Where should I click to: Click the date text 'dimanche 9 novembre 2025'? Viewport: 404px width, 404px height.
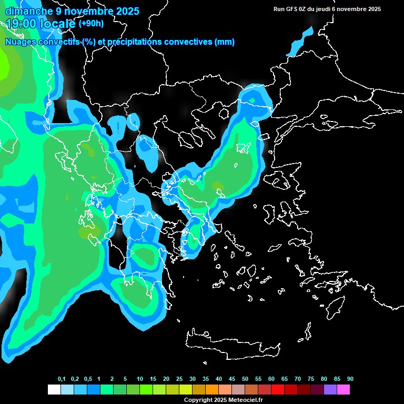coord(72,11)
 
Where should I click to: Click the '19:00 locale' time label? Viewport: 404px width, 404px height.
coord(41,24)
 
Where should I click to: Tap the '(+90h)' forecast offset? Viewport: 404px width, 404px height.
coord(91,24)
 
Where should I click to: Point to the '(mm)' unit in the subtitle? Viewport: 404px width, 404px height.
coord(225,42)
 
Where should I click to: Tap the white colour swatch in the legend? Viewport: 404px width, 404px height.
coord(54,389)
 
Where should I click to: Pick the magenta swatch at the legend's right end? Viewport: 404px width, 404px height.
coord(344,389)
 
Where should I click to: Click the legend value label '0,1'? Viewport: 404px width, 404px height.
coord(62,379)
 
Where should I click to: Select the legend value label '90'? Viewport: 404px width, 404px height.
coord(350,379)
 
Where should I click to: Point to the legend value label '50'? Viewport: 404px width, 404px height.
coord(245,379)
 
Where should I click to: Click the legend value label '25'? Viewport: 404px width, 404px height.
coord(179,379)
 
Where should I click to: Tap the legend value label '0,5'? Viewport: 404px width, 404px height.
coord(87,379)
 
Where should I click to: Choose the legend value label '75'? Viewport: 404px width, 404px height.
coord(311,379)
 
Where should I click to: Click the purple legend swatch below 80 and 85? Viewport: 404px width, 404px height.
coord(330,389)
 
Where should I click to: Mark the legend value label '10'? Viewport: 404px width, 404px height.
coord(140,379)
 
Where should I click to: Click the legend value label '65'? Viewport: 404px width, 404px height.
coord(285,379)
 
